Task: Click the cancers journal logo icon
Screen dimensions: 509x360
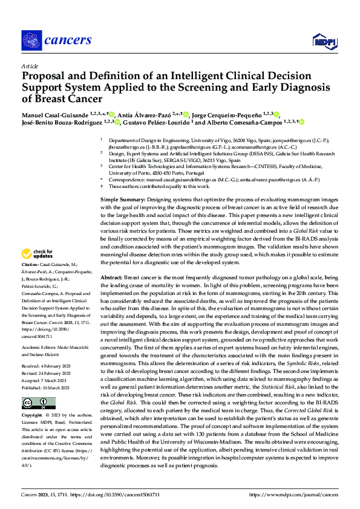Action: (30, 41)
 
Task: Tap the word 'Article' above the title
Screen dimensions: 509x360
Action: (29, 66)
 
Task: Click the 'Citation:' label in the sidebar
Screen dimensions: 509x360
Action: (31, 282)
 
